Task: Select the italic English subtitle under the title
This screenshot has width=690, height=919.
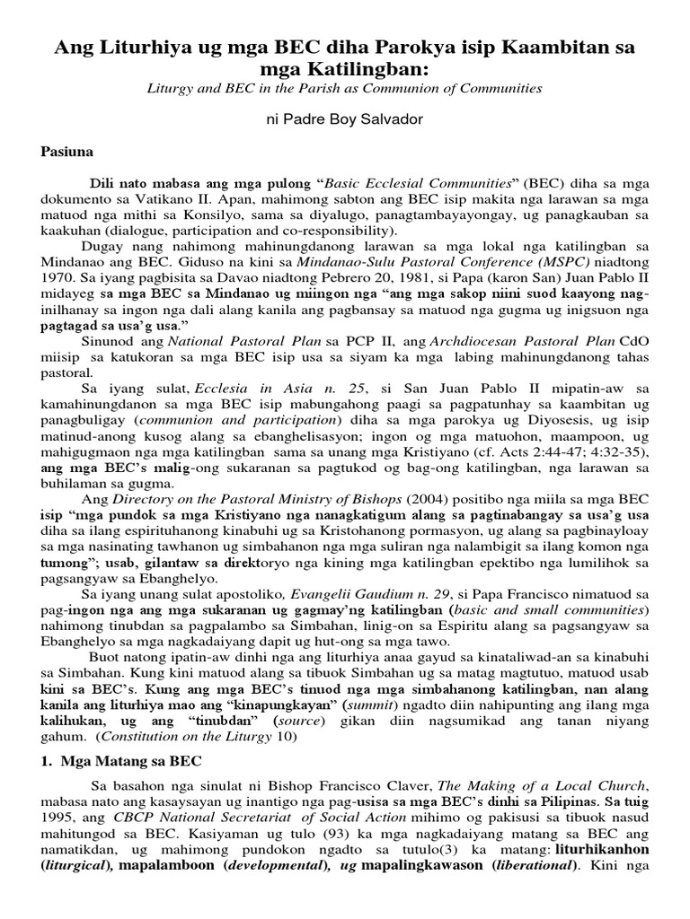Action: (344, 88)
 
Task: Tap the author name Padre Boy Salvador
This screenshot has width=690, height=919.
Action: (344, 118)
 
